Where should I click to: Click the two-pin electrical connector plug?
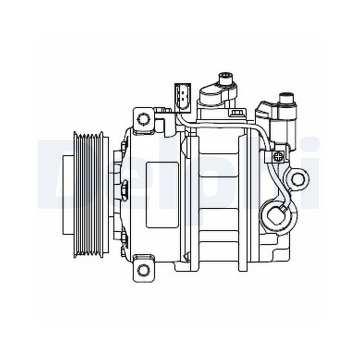pos(183,96)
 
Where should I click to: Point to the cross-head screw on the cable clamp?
pos(278,156)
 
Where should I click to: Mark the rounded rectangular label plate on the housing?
pos(162,194)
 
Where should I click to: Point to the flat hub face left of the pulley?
pos(67,194)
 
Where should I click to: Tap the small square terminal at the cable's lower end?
pos(283,208)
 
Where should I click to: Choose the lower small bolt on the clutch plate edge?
pos(124,238)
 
